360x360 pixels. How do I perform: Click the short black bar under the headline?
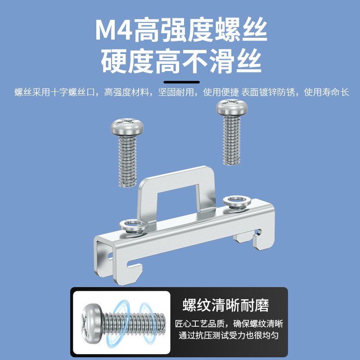click(181, 82)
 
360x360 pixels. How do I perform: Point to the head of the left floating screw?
click(127, 127)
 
